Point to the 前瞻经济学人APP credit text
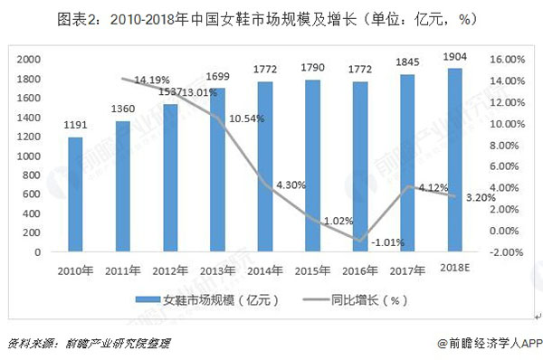click(484, 344)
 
